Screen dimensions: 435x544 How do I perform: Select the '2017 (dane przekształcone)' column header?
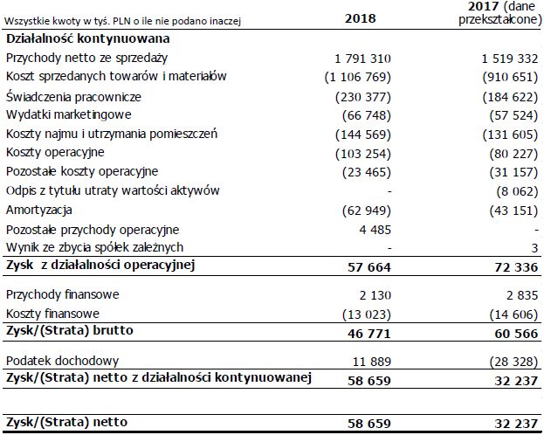496,14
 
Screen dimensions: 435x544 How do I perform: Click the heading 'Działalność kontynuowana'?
87,38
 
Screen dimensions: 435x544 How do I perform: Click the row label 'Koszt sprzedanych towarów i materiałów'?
116,77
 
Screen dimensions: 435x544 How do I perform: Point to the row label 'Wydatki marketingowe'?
69,115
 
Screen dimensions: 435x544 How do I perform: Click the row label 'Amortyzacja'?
40,210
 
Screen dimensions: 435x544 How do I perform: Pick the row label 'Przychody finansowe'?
62,293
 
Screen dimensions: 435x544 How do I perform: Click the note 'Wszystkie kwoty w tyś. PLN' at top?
122,19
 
